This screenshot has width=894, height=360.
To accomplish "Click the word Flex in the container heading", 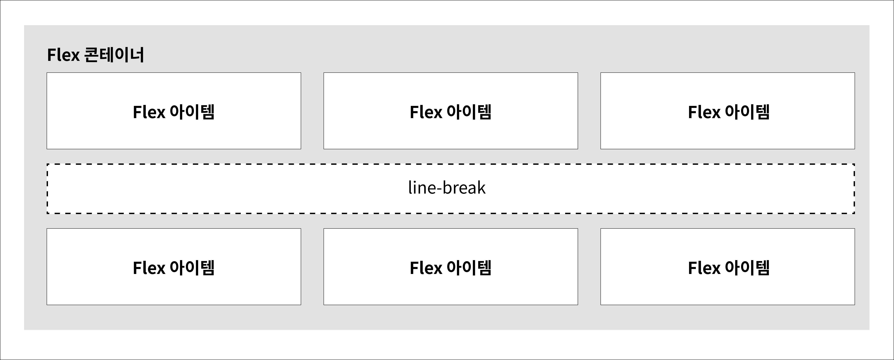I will (x=63, y=55).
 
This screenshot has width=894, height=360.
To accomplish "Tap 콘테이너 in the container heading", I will (x=114, y=55).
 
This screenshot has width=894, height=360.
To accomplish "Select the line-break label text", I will (x=447, y=188).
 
